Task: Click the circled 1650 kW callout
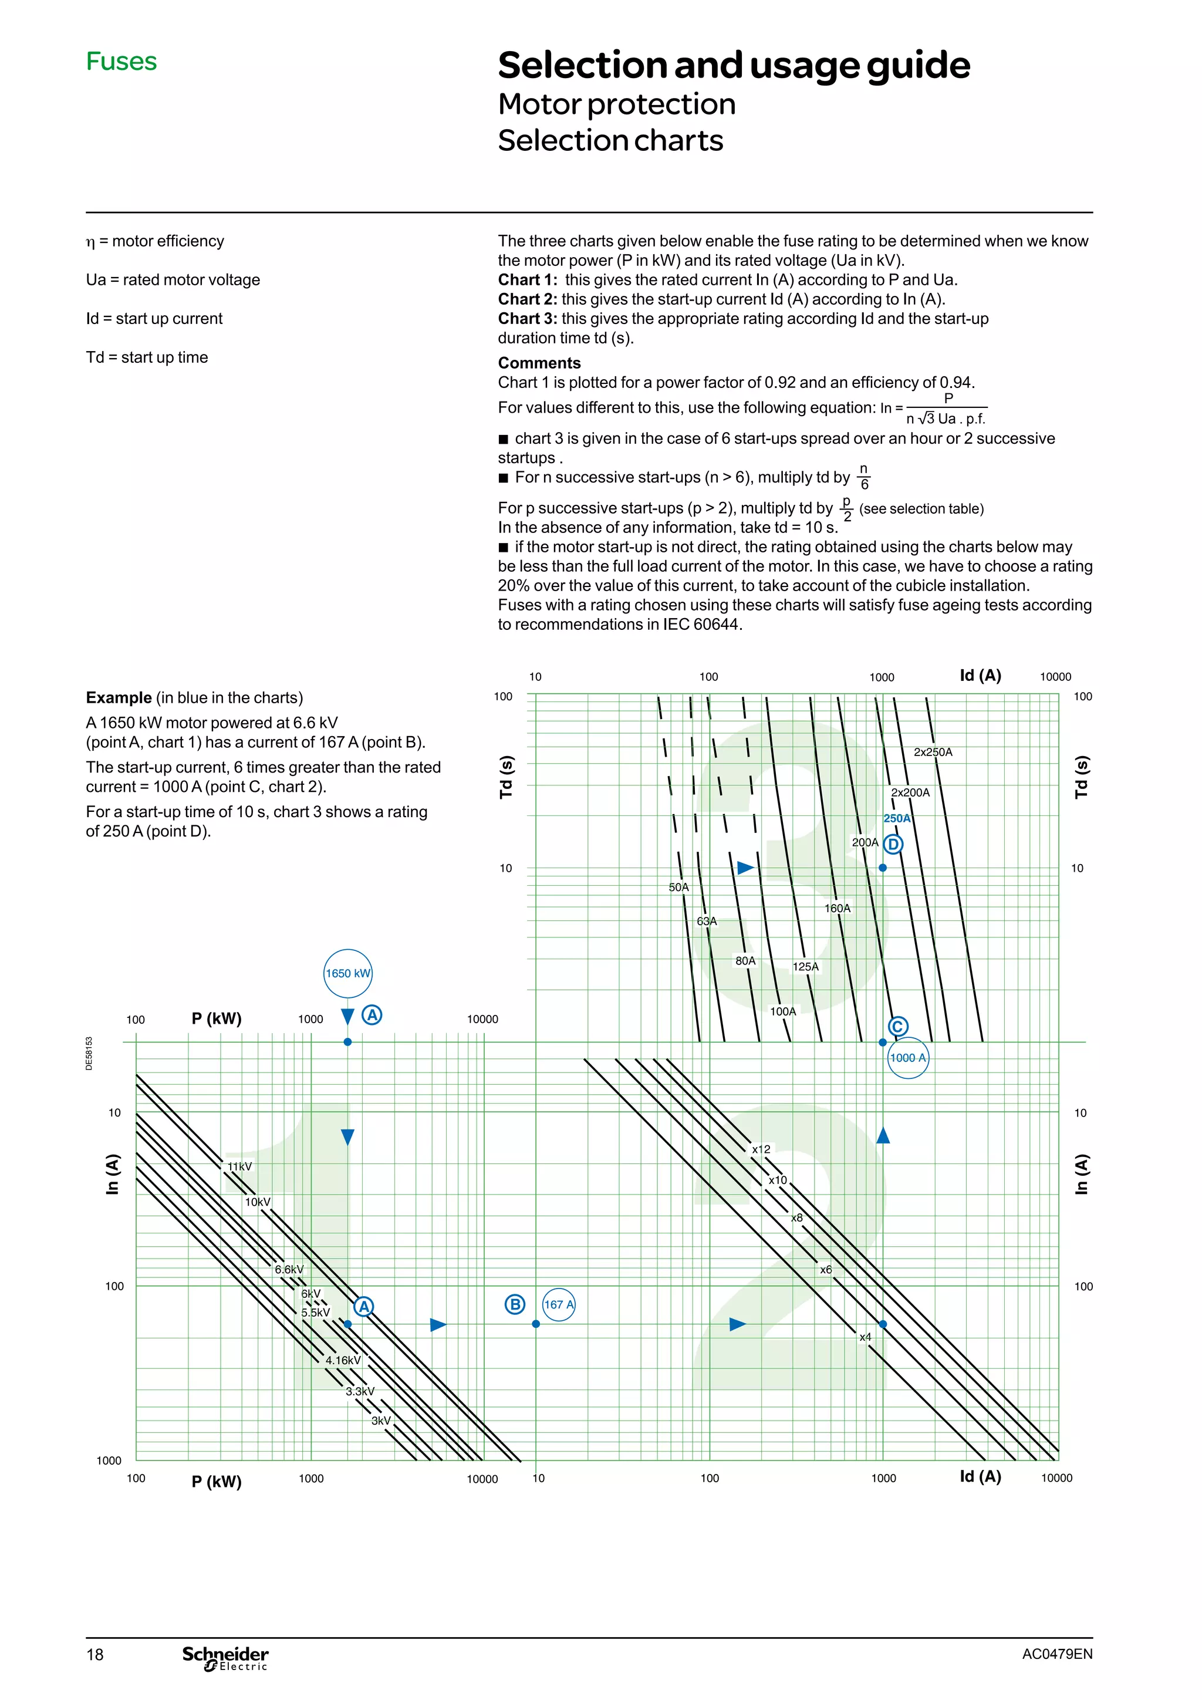[x=348, y=973]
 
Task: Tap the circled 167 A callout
[x=559, y=1304]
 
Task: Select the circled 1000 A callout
[x=907, y=1057]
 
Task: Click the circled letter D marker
[x=893, y=844]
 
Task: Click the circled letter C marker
[x=898, y=1026]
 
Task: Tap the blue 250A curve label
[x=897, y=818]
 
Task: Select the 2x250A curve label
[x=933, y=751]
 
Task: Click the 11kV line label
[x=239, y=1166]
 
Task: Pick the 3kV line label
[x=381, y=1420]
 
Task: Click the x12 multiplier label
[x=761, y=1149]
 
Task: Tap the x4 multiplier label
[x=865, y=1337]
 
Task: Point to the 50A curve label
[x=678, y=886]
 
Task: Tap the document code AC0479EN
[x=1057, y=1654]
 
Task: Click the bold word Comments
[x=539, y=363]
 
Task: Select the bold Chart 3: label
[x=527, y=318]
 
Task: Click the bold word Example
[x=119, y=697]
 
